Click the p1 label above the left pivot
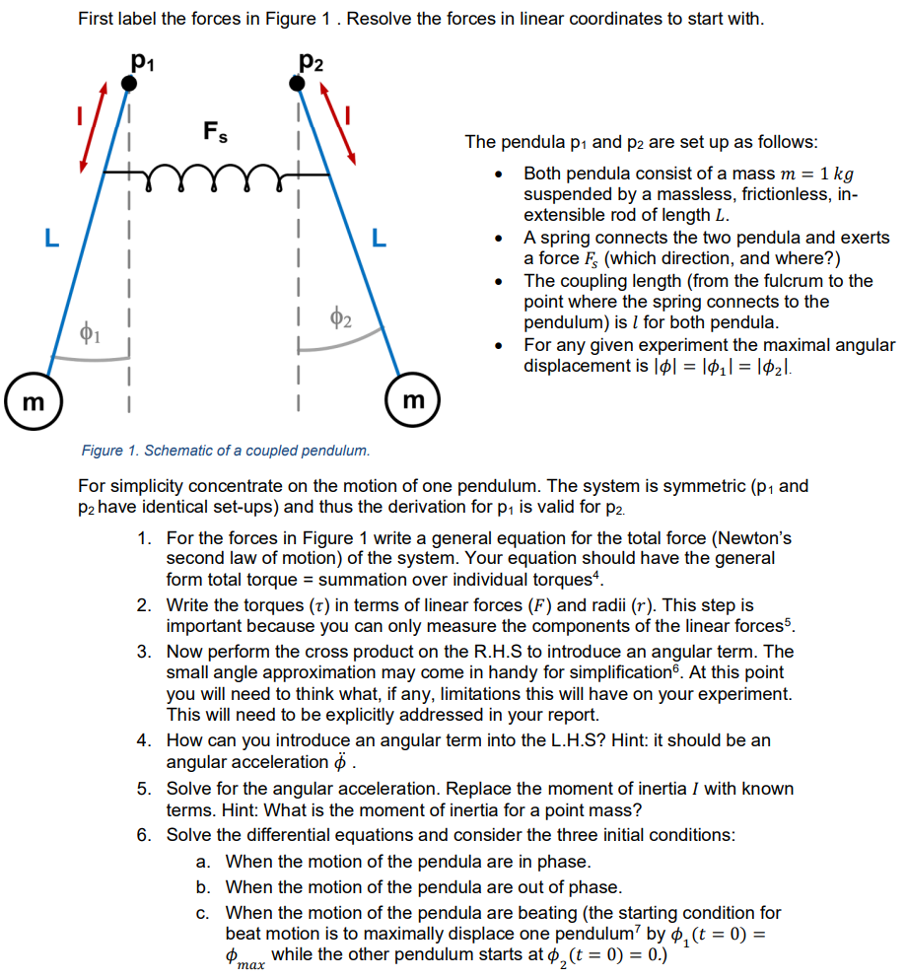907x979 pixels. pyautogui.click(x=142, y=63)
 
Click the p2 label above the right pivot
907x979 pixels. pyautogui.click(x=311, y=63)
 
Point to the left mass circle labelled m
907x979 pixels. pyautogui.click(x=33, y=403)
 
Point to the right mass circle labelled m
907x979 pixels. pyautogui.click(x=414, y=400)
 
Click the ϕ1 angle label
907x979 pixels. pyautogui.click(x=90, y=332)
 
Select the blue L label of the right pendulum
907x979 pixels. pyautogui.click(x=380, y=238)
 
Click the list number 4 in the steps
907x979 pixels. pyautogui.click(x=144, y=740)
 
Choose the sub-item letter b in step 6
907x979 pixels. pyautogui.click(x=203, y=887)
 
